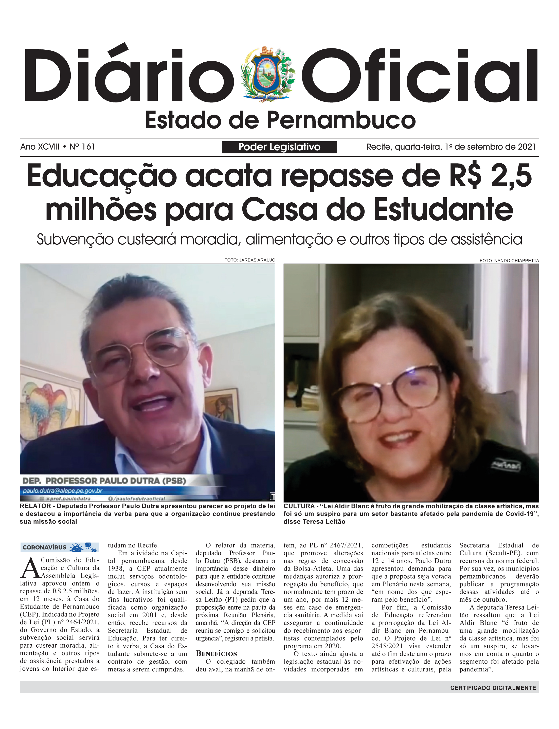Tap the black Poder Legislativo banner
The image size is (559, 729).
click(279, 147)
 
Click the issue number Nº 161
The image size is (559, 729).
click(82, 147)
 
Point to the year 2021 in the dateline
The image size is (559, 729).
click(527, 147)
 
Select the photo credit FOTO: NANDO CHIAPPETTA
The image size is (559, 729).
click(509, 260)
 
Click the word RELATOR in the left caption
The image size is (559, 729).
click(34, 506)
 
